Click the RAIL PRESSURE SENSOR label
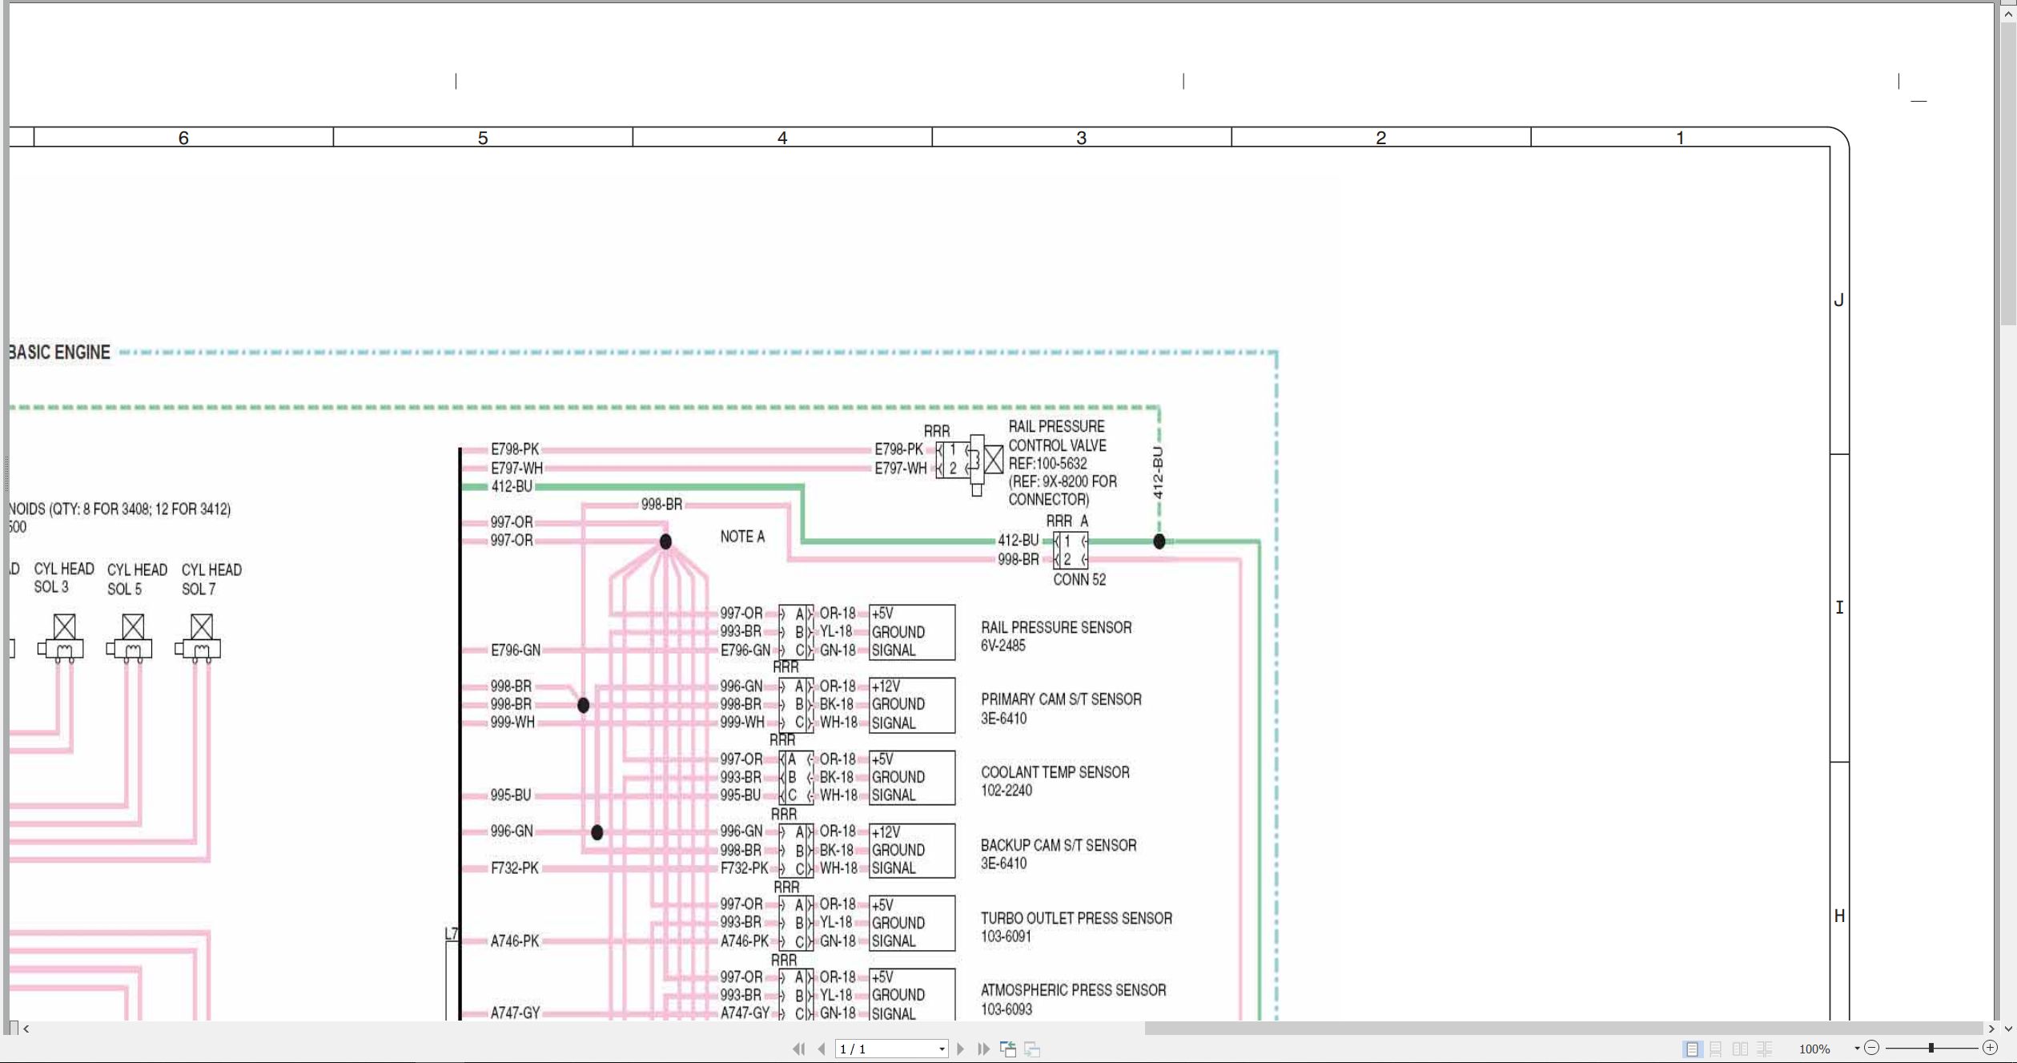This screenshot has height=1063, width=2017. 1056,627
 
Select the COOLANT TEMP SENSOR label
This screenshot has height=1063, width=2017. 1055,772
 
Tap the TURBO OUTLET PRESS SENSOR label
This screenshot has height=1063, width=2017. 1076,918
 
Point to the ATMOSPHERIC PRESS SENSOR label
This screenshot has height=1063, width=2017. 1074,990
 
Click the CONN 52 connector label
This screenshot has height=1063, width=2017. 1079,579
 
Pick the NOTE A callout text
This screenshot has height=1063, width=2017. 742,537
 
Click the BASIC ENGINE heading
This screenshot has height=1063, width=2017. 60,352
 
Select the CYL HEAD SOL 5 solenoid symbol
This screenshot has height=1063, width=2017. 132,638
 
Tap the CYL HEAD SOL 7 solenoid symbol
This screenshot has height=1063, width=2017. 200,638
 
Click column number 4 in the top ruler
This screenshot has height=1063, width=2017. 782,138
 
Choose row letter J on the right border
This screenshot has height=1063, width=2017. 1839,300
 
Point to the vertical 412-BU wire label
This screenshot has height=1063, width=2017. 1158,473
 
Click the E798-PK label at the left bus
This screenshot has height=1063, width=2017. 515,449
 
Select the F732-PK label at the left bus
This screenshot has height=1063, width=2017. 515,868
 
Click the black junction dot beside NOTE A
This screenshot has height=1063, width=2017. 665,542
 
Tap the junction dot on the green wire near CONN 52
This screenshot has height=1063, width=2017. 1159,542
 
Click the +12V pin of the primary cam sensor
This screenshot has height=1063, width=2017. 886,687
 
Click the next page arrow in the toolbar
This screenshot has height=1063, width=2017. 960,1049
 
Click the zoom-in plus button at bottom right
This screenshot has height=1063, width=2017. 1990,1048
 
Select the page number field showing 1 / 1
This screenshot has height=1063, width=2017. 891,1049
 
